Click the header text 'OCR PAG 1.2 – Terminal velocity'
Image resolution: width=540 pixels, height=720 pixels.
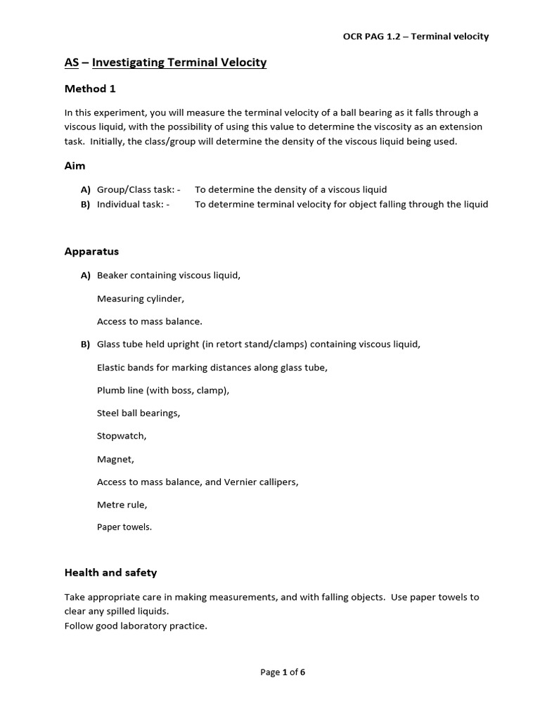411,37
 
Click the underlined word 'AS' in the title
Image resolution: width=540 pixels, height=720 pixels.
71,63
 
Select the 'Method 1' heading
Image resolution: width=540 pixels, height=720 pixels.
90,89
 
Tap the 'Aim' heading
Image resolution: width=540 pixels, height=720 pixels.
75,166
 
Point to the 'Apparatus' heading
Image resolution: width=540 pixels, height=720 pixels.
91,251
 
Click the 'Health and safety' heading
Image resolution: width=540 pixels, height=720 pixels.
110,572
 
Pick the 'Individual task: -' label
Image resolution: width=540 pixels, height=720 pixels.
133,205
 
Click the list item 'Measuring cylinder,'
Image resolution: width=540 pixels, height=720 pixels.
141,298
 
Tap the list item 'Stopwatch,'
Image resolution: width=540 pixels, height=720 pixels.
122,436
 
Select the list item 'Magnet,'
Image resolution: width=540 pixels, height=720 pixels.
115,459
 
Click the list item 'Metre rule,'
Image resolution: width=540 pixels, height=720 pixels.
122,505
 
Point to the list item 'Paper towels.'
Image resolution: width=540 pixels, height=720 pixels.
124,527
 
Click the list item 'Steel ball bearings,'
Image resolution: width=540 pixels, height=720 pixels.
139,413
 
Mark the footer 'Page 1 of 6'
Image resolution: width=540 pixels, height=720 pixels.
283,671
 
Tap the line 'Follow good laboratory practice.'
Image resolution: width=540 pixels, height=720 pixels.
136,625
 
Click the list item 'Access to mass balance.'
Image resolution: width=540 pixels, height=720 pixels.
149,321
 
